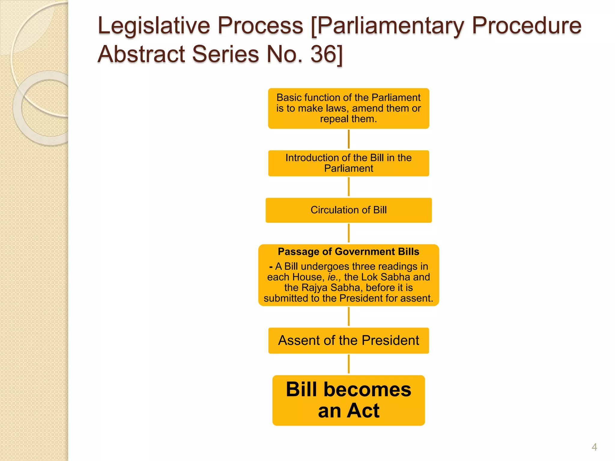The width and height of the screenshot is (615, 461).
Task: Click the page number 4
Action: click(594, 447)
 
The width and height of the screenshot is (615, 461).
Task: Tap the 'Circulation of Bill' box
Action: click(348, 210)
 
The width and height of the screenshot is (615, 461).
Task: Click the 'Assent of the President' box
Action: click(348, 341)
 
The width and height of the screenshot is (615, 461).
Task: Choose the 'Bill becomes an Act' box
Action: click(348, 400)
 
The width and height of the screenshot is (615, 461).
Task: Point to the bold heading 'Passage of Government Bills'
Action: click(348, 252)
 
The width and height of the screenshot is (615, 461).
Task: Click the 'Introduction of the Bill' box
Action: click(348, 163)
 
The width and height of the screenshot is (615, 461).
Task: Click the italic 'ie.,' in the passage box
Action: click(334, 277)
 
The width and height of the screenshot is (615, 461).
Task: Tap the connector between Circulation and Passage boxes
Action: click(348, 233)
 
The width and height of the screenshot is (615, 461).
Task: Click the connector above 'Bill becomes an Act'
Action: click(348, 364)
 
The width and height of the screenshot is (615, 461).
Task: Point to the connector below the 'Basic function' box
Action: click(348, 139)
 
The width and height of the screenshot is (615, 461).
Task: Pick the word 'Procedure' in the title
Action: click(526, 26)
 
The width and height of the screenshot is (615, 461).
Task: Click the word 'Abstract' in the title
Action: click(141, 54)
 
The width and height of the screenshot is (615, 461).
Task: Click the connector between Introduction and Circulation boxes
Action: click(348, 187)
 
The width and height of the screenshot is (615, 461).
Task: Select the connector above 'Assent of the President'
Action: click(348, 316)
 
